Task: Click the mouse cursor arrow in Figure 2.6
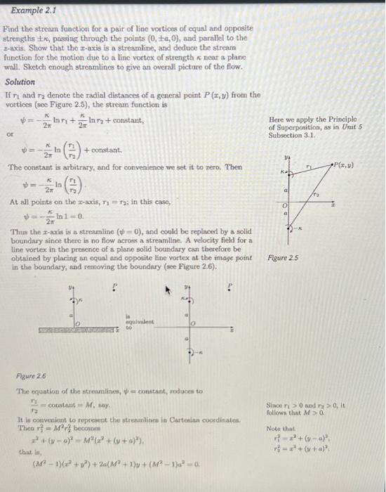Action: pyautogui.click(x=168, y=288)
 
